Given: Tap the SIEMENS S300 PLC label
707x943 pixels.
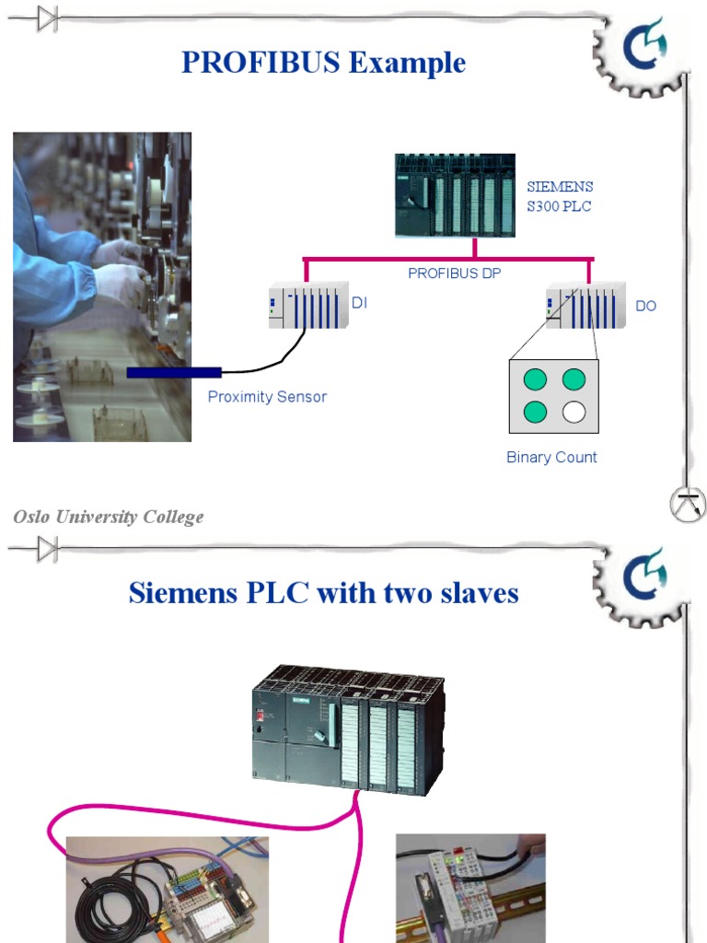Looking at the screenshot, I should [x=560, y=197].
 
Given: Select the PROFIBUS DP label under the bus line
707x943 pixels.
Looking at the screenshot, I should [x=455, y=274].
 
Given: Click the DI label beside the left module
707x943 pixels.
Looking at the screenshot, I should [x=360, y=302].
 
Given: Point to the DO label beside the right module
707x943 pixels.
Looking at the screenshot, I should [x=646, y=306].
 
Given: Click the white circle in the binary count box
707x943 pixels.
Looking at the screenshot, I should [x=574, y=412].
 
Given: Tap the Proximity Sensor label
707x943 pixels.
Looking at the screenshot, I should [x=267, y=397].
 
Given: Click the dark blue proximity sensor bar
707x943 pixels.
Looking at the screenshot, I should [x=174, y=372].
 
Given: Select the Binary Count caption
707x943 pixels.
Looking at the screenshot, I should [x=551, y=457].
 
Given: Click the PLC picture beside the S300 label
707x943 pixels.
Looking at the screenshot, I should [x=455, y=195].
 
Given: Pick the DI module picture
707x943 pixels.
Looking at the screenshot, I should [x=307, y=305].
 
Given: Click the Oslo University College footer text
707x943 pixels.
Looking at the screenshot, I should [x=109, y=517].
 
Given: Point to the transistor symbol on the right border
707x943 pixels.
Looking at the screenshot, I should [x=688, y=505].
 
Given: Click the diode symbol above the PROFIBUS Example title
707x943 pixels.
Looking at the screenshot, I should [x=46, y=18].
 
